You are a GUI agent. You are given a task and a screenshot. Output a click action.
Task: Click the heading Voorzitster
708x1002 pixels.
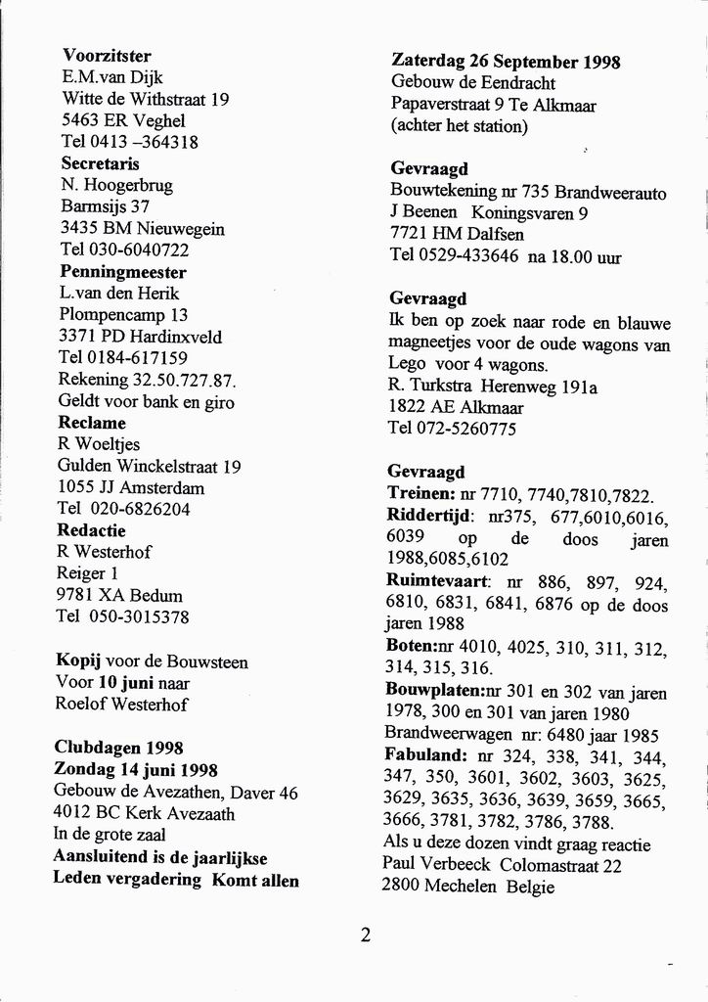coord(107,56)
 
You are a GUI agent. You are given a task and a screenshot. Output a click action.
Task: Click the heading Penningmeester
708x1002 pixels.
coord(122,271)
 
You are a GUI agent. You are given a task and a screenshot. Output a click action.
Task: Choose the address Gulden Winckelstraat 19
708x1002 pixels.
coord(149,466)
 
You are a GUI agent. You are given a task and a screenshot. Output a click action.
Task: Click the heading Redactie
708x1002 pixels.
coord(91,529)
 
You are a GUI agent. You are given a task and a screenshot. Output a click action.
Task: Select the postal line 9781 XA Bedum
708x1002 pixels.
coord(119,595)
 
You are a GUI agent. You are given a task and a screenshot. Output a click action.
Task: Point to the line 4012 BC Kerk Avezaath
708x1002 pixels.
coord(144,813)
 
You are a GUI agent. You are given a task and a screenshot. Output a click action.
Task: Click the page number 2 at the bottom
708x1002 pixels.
coord(365,934)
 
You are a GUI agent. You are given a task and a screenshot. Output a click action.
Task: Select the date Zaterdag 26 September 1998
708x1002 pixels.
coord(506,61)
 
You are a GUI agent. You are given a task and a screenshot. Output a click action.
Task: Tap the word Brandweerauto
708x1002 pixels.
coord(615,192)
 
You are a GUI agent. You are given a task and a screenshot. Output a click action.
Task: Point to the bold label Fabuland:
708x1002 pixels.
coord(427,756)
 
